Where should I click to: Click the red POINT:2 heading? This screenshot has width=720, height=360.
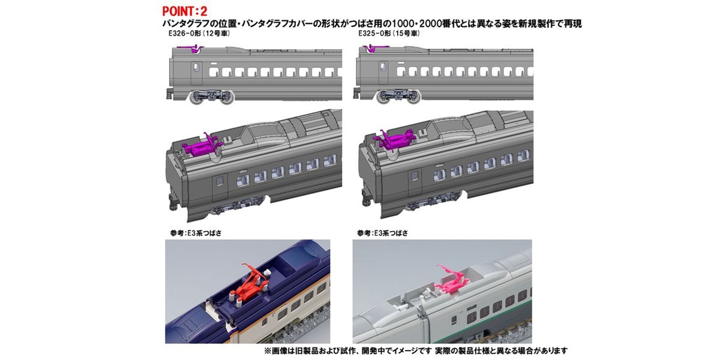pos(185,11)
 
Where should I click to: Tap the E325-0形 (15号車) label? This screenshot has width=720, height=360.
pos(389,34)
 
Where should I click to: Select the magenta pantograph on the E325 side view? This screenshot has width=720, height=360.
pos(374,49)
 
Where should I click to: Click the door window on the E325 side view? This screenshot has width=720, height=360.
pos(383,67)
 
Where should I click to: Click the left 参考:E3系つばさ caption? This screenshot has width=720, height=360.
pos(196,233)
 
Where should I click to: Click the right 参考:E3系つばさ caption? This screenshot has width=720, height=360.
pos(382,233)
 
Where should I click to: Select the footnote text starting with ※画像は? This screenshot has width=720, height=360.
pos(416,350)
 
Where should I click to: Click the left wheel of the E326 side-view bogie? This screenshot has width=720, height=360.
pos(197,97)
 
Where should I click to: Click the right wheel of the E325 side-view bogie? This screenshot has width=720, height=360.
pos(413,97)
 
